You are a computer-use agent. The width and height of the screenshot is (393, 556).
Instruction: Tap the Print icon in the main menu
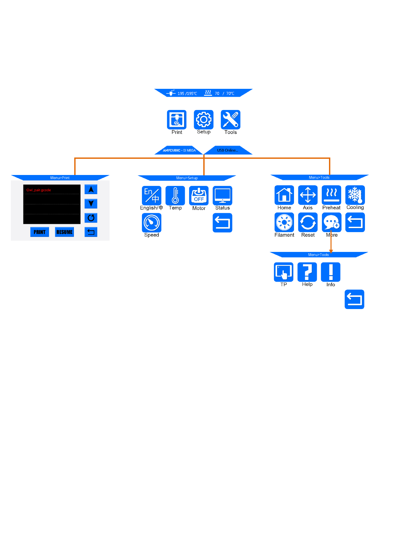[177, 120]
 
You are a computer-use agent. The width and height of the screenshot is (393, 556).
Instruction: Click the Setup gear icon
[204, 120]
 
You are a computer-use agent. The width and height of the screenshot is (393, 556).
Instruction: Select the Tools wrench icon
[230, 120]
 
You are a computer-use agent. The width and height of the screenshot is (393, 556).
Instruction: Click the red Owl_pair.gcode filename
[39, 190]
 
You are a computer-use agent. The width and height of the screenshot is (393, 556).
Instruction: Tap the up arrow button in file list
[91, 189]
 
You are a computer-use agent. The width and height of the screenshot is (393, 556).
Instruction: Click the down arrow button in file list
[91, 203]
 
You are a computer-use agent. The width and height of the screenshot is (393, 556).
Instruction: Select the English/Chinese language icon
[151, 195]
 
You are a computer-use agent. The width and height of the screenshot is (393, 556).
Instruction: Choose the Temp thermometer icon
[175, 195]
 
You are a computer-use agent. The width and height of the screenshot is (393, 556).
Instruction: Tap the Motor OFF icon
[199, 195]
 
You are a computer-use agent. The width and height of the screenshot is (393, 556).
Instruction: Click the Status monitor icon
[222, 195]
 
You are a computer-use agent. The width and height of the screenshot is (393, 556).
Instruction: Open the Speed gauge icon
[151, 223]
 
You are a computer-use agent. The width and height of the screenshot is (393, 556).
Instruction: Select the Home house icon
[284, 195]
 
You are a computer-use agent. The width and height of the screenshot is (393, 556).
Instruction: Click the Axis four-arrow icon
[308, 195]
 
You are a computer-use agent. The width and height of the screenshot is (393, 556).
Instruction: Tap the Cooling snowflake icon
[355, 195]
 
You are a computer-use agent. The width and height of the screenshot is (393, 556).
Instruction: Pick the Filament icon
[284, 222]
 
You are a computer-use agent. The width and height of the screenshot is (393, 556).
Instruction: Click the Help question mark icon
[307, 272]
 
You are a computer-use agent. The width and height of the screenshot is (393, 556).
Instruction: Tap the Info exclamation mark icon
[331, 272]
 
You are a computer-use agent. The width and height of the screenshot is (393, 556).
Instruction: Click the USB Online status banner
[227, 150]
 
